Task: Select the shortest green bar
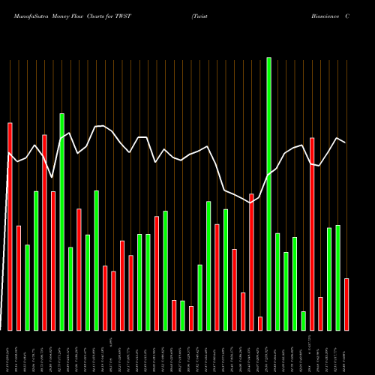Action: point(304,320)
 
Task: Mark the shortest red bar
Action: point(260,323)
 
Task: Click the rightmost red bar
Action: point(346,304)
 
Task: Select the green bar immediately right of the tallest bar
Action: point(277,281)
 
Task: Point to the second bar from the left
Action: point(19,277)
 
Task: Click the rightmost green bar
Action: point(338,277)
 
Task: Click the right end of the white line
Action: point(345,142)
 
